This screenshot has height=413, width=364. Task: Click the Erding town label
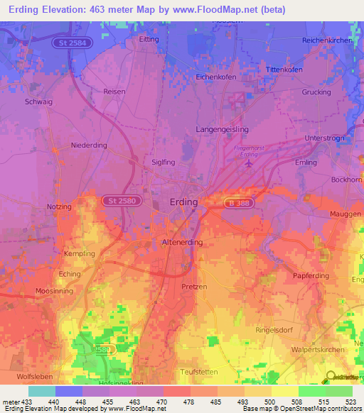(x=183, y=202)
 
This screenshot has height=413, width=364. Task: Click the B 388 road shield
(x=237, y=202)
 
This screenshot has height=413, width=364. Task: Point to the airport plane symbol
(x=247, y=164)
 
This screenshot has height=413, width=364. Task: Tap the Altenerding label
(x=183, y=242)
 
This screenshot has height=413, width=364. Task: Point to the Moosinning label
(x=36, y=292)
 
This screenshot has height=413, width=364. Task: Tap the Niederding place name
(x=89, y=145)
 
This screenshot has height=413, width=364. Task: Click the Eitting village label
(x=149, y=40)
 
